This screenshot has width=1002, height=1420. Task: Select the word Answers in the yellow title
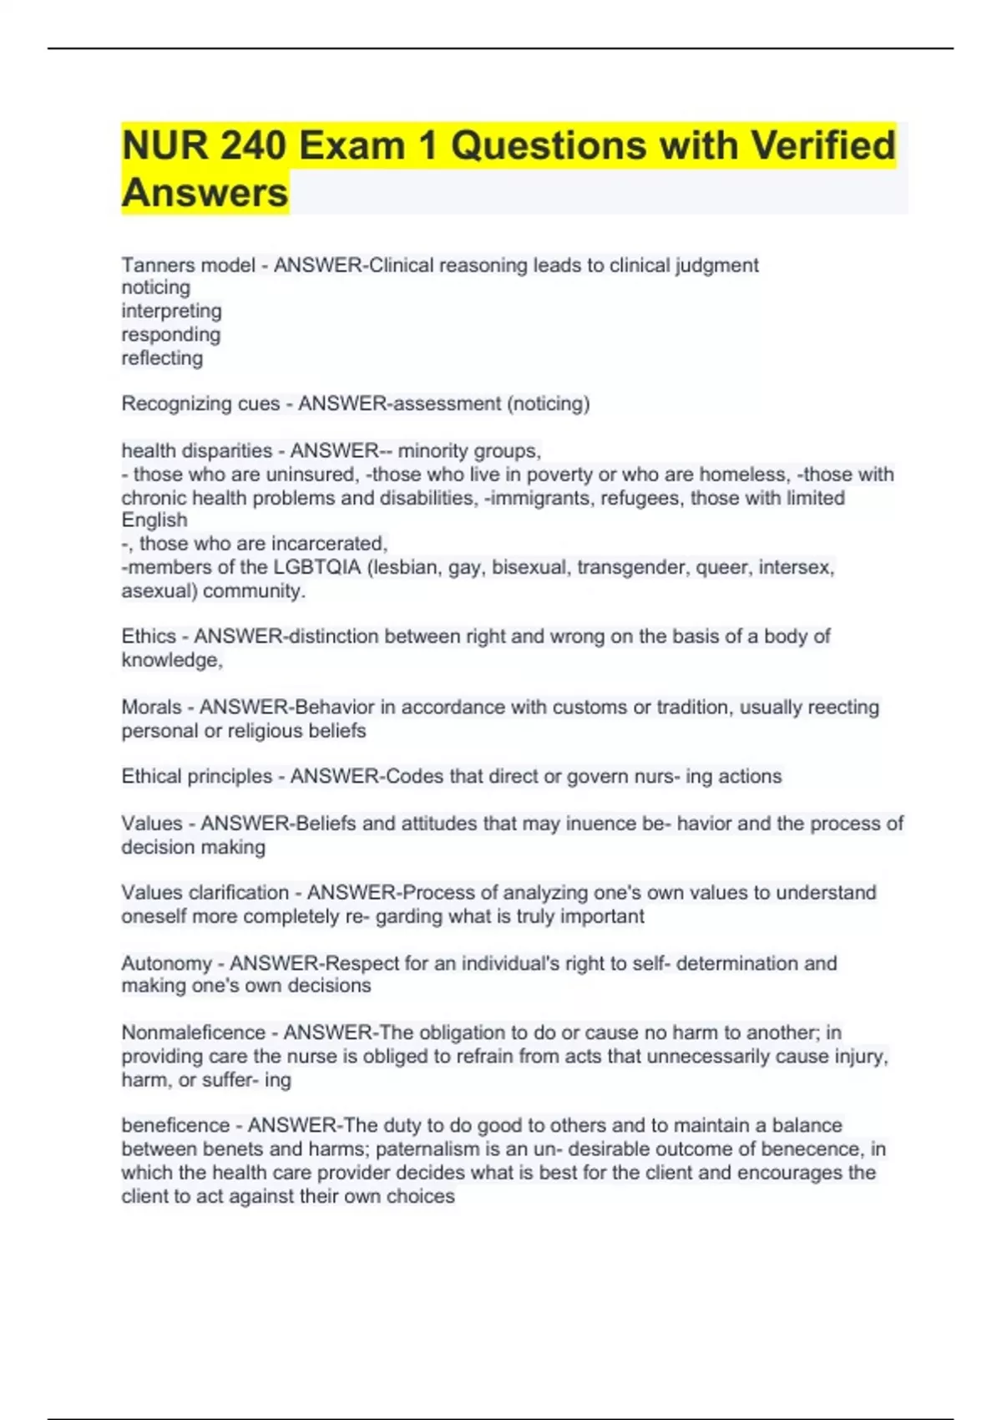(205, 193)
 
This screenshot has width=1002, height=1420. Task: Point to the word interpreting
(171, 311)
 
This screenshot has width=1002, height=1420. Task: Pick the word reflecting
(162, 358)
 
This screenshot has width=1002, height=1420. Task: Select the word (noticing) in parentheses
(548, 404)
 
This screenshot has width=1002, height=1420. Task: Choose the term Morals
(151, 707)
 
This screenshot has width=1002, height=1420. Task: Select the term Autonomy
(166, 963)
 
